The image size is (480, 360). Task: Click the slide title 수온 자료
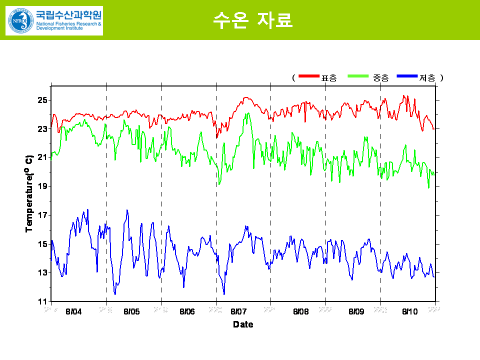tap(252, 20)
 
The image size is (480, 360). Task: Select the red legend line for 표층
tap(309, 76)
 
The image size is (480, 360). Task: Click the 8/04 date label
tap(73, 311)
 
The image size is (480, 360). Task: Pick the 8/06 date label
tap(187, 311)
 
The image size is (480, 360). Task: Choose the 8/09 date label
tap(356, 311)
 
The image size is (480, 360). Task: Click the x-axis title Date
tap(243, 324)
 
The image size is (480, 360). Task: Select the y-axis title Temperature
tap(29, 192)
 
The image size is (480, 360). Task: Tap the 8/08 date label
tap(301, 311)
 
